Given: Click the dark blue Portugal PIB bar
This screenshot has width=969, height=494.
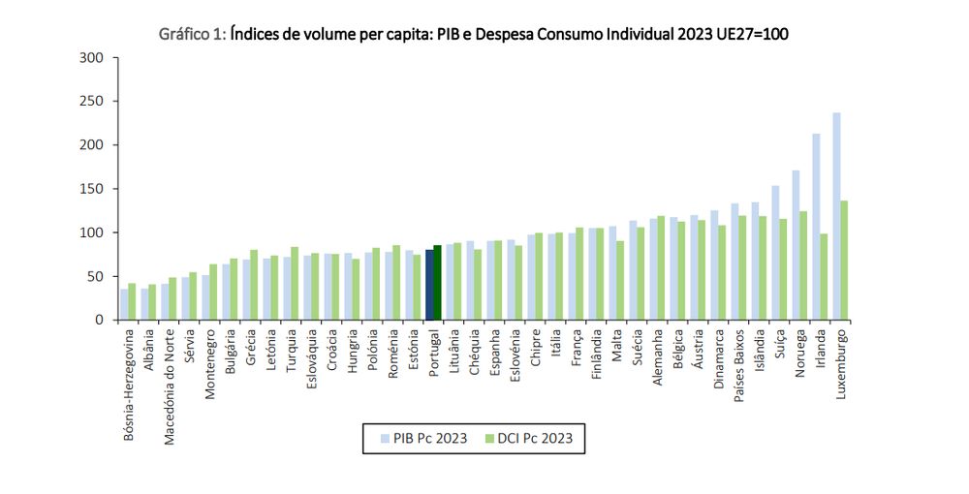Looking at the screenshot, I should coord(429,285).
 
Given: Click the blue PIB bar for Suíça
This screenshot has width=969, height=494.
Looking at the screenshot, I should coord(775,253).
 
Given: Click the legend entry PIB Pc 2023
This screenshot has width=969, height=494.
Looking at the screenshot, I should coord(420,438).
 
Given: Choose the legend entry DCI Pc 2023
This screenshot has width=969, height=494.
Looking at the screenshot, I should coord(528,438).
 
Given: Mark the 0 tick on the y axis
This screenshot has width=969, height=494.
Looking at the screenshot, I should coord(99,320).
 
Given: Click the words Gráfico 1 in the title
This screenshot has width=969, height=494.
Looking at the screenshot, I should coord(193,34).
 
